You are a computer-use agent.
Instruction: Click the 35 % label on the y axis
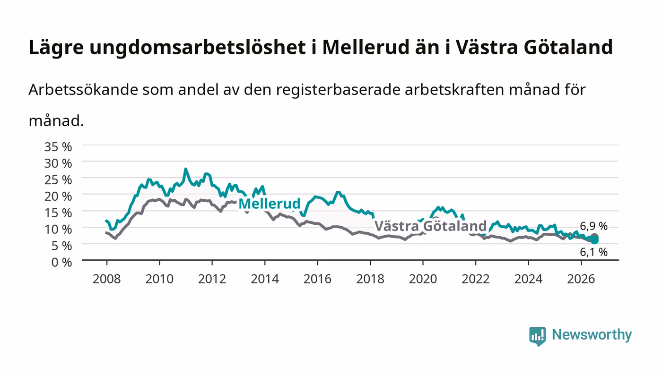coord(58,147)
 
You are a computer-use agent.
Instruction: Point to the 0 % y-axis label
coord(61,262)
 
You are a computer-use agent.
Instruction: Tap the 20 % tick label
coord(58,196)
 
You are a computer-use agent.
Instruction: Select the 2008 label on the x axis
coord(107,279)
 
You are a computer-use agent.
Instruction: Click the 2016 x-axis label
coord(317,279)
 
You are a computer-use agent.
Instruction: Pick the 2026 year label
coord(581,279)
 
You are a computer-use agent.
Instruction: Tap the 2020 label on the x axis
coord(423,279)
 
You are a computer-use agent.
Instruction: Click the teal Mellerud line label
coord(269,204)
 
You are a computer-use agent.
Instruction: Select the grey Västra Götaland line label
coord(430,226)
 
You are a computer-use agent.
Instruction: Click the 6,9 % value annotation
coord(593,226)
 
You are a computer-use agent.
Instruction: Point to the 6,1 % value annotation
coord(593,252)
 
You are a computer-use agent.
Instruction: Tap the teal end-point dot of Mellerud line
coord(594,240)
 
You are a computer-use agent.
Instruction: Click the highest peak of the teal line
coord(185,169)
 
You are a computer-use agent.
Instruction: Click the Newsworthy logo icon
coord(537,336)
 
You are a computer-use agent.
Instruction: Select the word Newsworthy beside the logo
coord(592,335)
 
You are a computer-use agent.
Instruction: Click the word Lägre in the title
coord(56,48)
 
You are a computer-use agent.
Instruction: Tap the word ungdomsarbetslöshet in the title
coord(198,47)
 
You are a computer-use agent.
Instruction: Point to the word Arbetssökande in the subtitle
coord(83,90)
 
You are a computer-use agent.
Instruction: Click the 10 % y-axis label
coord(58,230)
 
